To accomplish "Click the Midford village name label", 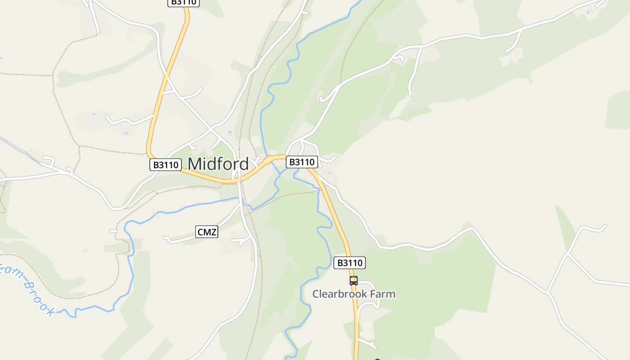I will click(218, 164).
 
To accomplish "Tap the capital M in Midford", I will click(194, 164).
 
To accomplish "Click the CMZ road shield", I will click(207, 232).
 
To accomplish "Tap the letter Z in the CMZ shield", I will click(214, 232).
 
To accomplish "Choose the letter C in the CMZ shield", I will click(200, 232).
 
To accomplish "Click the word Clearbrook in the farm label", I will click(338, 294).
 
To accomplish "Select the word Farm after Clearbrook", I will click(382, 294).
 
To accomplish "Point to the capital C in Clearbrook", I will click(316, 294).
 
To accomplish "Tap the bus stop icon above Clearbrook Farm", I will click(354, 281).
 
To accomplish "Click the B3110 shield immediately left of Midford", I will click(166, 165).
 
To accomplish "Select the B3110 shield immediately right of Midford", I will click(302, 162).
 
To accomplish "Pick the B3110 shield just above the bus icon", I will click(350, 263).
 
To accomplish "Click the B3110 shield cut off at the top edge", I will click(184, 2).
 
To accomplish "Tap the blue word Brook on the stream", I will click(38, 297).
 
